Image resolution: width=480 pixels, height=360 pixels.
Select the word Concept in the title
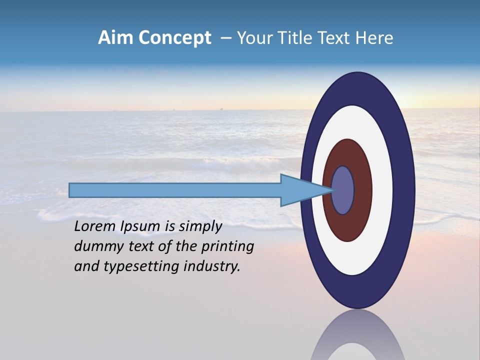pos(174,38)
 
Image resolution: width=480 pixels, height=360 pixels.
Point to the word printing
pos(227,247)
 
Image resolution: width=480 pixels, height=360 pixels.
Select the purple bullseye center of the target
pos(343,190)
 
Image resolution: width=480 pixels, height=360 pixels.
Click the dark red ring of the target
pos(362,190)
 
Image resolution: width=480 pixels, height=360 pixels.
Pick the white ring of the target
pos(382,190)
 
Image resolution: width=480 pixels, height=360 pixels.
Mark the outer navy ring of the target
pos(406,190)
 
